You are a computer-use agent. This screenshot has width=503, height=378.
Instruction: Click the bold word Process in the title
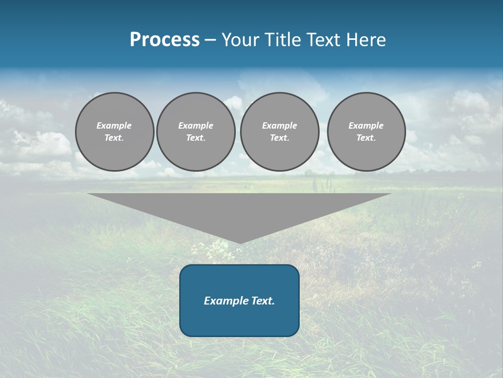pos(165,40)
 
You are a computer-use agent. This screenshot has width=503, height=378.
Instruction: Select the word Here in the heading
pos(366,40)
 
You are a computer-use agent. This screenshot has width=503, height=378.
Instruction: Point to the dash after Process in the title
pos(210,40)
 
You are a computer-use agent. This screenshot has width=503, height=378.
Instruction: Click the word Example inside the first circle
pos(114,125)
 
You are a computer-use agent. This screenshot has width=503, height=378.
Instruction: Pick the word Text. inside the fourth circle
pos(366,138)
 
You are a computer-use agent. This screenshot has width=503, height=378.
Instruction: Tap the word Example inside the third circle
pos(280,125)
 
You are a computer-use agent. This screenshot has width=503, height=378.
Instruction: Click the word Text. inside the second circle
pos(196,138)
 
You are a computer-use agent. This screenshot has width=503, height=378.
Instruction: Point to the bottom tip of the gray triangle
pos(240,242)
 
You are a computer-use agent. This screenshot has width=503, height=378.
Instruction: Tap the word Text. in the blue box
pos(263,301)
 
